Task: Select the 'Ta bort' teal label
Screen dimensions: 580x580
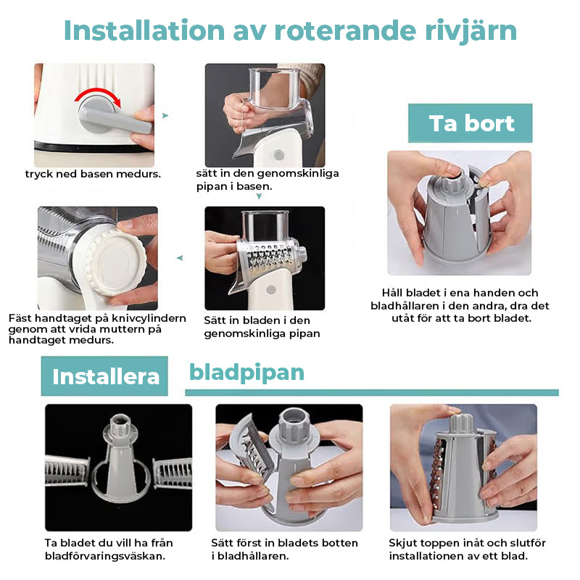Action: point(471,123)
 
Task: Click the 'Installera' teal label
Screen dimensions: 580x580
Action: point(105,377)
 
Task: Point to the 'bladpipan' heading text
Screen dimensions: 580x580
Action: point(246,373)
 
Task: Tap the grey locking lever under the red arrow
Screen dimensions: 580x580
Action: point(115,118)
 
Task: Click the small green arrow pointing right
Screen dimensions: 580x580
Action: point(165,115)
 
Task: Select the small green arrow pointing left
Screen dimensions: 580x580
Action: point(180,257)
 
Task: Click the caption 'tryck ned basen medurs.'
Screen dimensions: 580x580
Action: point(93,174)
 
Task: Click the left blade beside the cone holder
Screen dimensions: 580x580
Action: point(67,472)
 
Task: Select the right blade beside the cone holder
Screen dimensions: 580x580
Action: point(172,472)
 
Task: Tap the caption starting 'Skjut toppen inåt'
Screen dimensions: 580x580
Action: point(467,549)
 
